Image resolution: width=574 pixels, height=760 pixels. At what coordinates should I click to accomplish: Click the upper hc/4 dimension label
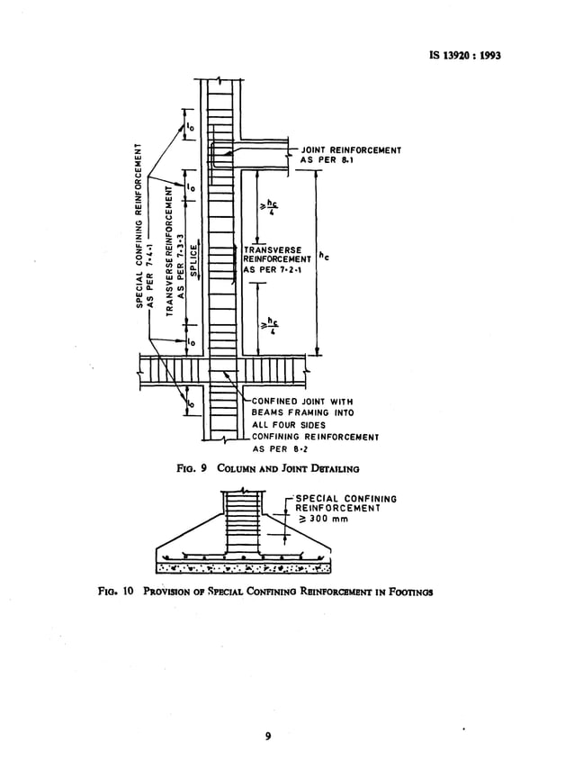266,204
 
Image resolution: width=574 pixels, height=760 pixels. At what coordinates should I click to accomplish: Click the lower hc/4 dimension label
266,325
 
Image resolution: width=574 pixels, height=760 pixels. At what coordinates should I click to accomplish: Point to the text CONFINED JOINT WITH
304,401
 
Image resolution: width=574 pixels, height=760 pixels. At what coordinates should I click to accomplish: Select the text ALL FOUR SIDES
289,424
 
